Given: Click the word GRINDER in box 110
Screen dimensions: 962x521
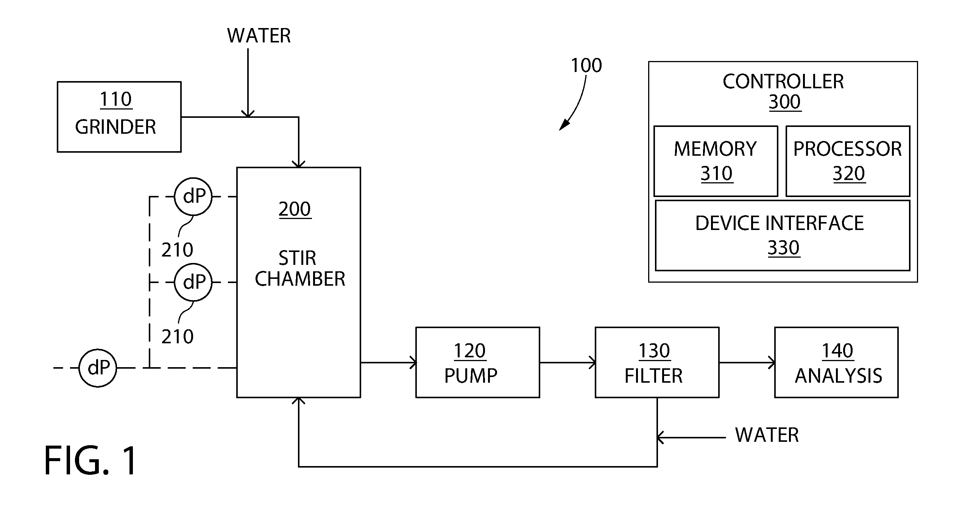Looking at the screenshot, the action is point(115,127).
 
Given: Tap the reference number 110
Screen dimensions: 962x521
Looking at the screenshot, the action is point(115,99).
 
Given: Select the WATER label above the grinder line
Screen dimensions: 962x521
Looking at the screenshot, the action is point(259,36).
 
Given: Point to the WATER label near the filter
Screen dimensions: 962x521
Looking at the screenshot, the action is point(767,435).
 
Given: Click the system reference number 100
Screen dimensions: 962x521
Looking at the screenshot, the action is point(586,66).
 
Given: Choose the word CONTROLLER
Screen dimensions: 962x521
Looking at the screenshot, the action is point(783,81).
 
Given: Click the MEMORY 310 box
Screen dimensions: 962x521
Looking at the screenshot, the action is point(716,161).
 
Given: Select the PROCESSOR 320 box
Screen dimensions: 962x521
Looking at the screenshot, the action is point(848,161).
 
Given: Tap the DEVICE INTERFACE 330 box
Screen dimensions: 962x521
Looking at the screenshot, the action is point(783,235).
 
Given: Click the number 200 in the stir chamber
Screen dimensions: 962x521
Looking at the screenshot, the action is point(295,209).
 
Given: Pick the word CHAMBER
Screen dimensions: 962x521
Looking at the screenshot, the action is point(300,279).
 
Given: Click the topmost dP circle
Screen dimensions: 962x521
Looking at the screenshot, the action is point(193,197).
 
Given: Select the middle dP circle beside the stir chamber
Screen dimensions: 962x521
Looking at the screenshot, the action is point(193,282).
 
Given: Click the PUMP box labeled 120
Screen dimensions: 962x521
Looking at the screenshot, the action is point(478,363).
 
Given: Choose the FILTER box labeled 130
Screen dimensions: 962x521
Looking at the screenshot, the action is point(657,363).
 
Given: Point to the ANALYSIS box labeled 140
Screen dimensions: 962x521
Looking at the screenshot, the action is point(836,363).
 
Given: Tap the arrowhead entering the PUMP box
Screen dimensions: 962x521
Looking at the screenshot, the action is point(413,363).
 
